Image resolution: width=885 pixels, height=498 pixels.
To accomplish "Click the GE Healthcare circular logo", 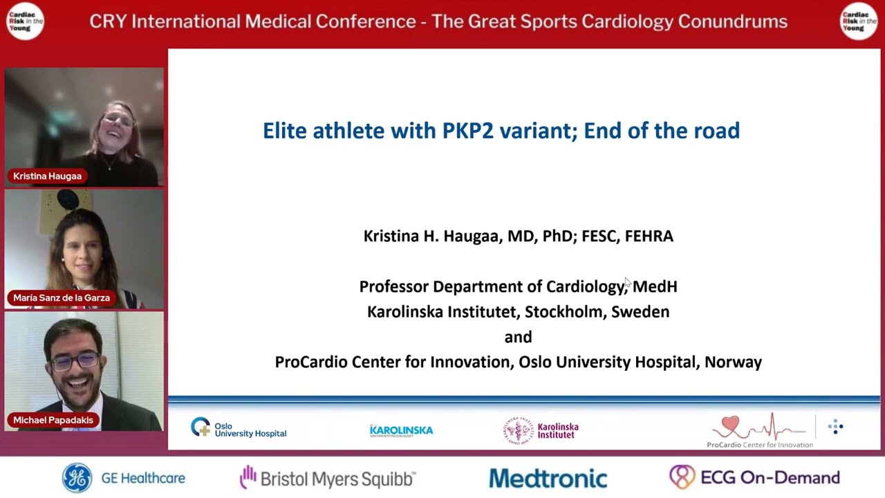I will (77, 478).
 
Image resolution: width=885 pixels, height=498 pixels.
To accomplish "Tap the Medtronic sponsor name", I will (548, 479).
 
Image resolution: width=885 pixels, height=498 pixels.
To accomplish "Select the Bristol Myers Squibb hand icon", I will (247, 477).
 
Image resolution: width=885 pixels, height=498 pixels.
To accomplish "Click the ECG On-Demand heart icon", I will (682, 477).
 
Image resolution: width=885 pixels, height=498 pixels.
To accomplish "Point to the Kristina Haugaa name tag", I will (47, 176).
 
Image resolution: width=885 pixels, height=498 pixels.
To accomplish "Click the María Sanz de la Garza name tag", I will (62, 297).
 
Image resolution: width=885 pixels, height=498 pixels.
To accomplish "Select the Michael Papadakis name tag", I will (53, 420).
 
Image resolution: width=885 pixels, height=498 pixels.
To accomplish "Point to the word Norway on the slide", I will (733, 362).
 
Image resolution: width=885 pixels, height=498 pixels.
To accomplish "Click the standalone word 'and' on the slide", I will (518, 337).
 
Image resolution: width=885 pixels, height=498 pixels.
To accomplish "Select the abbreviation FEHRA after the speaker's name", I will (649, 236).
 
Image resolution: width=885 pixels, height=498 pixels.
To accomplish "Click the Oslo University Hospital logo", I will (239, 429).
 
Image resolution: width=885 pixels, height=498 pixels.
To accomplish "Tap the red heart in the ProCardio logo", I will (730, 423).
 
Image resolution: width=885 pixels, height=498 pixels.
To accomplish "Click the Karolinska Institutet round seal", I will (518, 430).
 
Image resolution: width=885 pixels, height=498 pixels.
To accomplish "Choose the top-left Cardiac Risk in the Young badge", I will (25, 21).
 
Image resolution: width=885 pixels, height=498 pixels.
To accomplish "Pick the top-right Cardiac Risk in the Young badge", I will (858, 21).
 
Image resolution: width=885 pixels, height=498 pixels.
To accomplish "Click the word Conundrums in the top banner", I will (732, 21).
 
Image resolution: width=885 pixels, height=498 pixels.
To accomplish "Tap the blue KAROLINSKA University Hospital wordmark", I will (401, 430).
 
